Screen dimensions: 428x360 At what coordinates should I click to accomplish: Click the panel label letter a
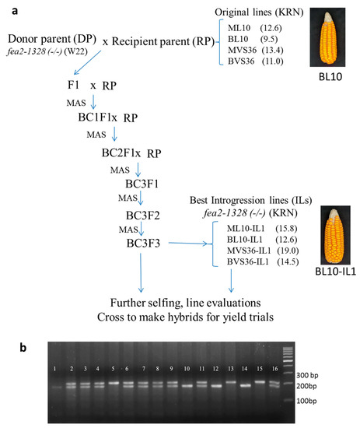pyautogui.click(x=11, y=8)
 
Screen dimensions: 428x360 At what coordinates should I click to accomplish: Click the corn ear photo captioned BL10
pyautogui.click(x=334, y=37)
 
